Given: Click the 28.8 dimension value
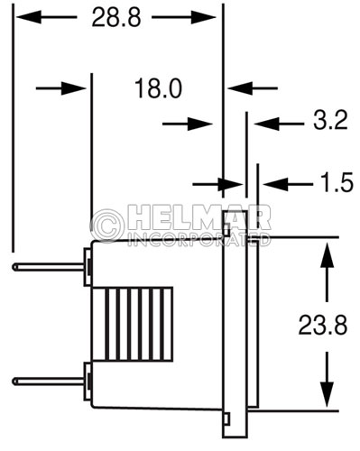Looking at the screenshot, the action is pos(116,17).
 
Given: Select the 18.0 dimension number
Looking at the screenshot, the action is pos(158,88).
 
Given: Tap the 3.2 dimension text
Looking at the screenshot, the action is pos(330,120).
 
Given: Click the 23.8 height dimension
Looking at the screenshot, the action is pos(323,325).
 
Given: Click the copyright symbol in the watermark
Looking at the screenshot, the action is pos(107,225).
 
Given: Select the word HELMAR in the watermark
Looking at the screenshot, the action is pos(198,217).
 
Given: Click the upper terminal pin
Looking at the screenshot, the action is pos(48,267).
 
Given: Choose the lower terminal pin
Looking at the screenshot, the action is pos(48,382).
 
